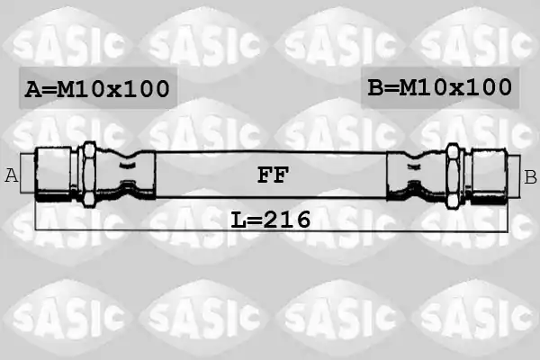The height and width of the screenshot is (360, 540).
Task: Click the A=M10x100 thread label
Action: [97, 89]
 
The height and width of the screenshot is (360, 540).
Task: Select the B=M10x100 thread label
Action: [440, 87]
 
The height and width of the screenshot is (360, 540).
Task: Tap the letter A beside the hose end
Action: [12, 175]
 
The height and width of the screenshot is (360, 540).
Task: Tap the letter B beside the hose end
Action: [530, 177]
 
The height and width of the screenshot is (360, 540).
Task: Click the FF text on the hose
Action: [273, 175]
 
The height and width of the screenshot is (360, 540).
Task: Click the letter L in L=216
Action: [238, 220]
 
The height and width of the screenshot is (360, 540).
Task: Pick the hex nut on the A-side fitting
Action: [89, 175]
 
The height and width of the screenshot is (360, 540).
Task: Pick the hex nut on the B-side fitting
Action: [453, 176]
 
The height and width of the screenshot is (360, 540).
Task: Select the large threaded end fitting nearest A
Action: [53, 174]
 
